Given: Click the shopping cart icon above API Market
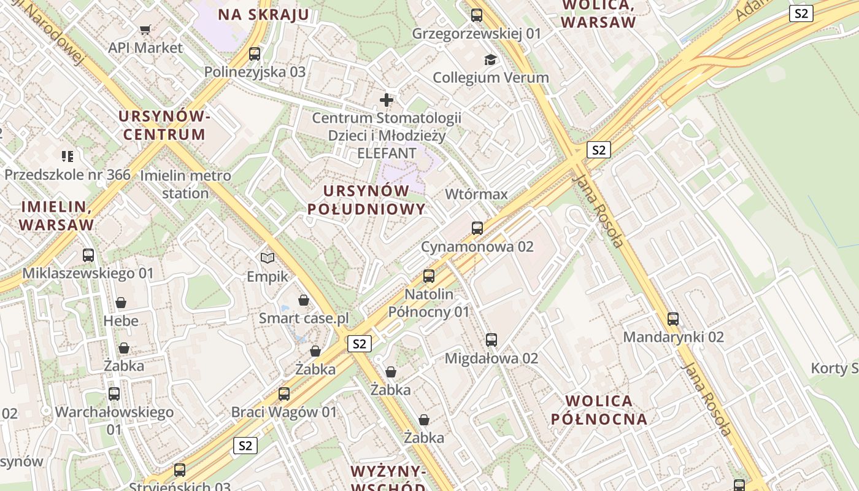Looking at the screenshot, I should pos(145,29).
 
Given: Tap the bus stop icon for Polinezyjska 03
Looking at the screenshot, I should pos(255,54).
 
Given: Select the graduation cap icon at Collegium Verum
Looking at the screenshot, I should pos(490,60).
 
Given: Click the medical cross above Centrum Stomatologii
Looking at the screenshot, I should pos(387,99).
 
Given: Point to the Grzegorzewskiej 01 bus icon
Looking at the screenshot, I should pos(477,15).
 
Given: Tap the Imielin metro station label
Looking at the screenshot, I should pos(185,184).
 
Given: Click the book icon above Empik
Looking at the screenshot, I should pos(267,258).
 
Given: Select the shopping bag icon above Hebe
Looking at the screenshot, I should pos(121,303).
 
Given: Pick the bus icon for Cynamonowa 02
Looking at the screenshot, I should pos(477,228).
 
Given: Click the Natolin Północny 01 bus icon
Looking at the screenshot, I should pos(429,276).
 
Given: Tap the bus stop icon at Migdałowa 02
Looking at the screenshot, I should pos(491,340).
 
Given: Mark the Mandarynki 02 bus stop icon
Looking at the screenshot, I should pos(673,319).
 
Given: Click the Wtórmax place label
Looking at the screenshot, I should pos(476,195).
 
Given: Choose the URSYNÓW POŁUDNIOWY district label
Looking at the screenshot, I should pos(366,199).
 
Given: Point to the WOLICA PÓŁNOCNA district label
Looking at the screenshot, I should pos(599,410).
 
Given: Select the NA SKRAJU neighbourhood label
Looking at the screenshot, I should pos(264,15).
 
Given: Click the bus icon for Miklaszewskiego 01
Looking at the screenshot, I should pos(88,255).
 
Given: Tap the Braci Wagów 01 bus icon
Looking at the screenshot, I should pos(284,394).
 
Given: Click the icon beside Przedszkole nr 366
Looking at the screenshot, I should pos(67,157).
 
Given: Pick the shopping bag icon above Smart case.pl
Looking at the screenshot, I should pos(304,300).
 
